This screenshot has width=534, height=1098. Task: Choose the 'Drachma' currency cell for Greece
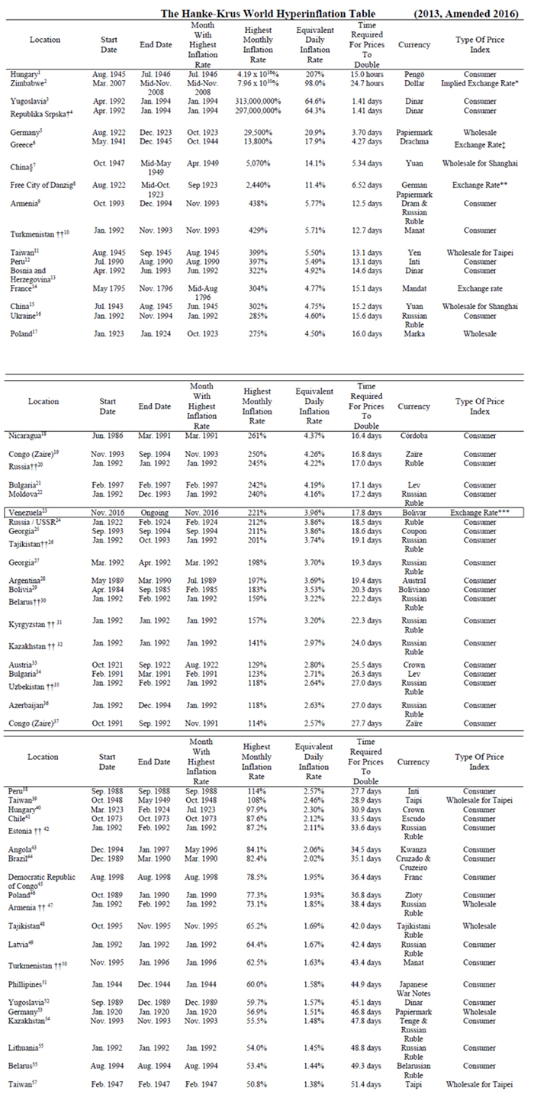pos(414,141)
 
